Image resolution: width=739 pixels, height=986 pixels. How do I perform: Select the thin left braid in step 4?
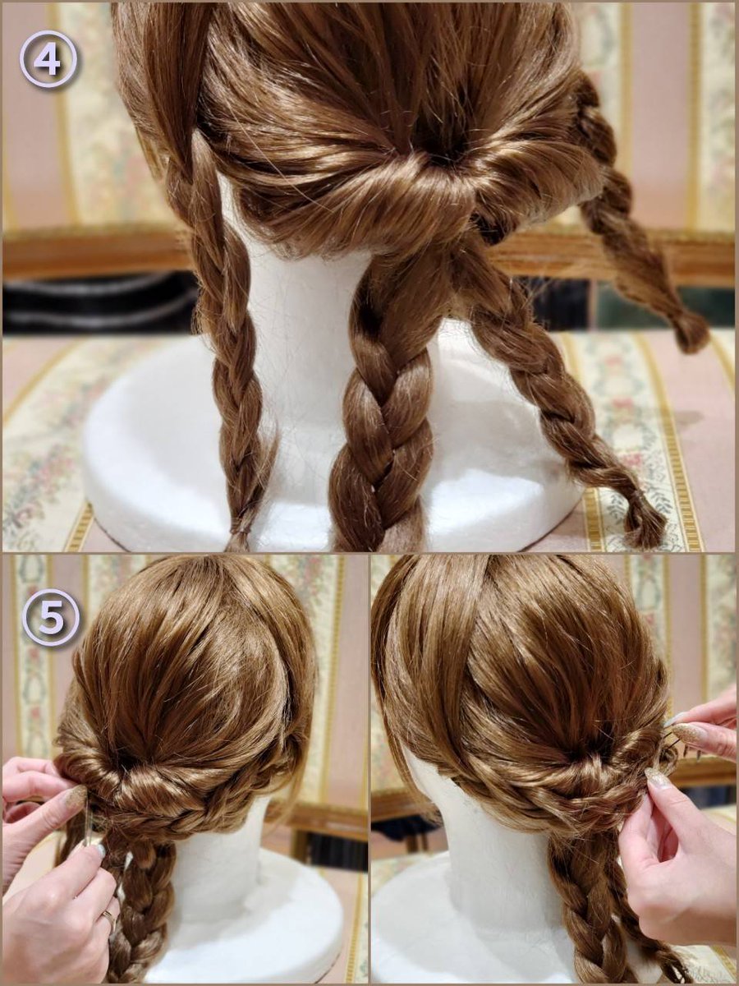[233, 359]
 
